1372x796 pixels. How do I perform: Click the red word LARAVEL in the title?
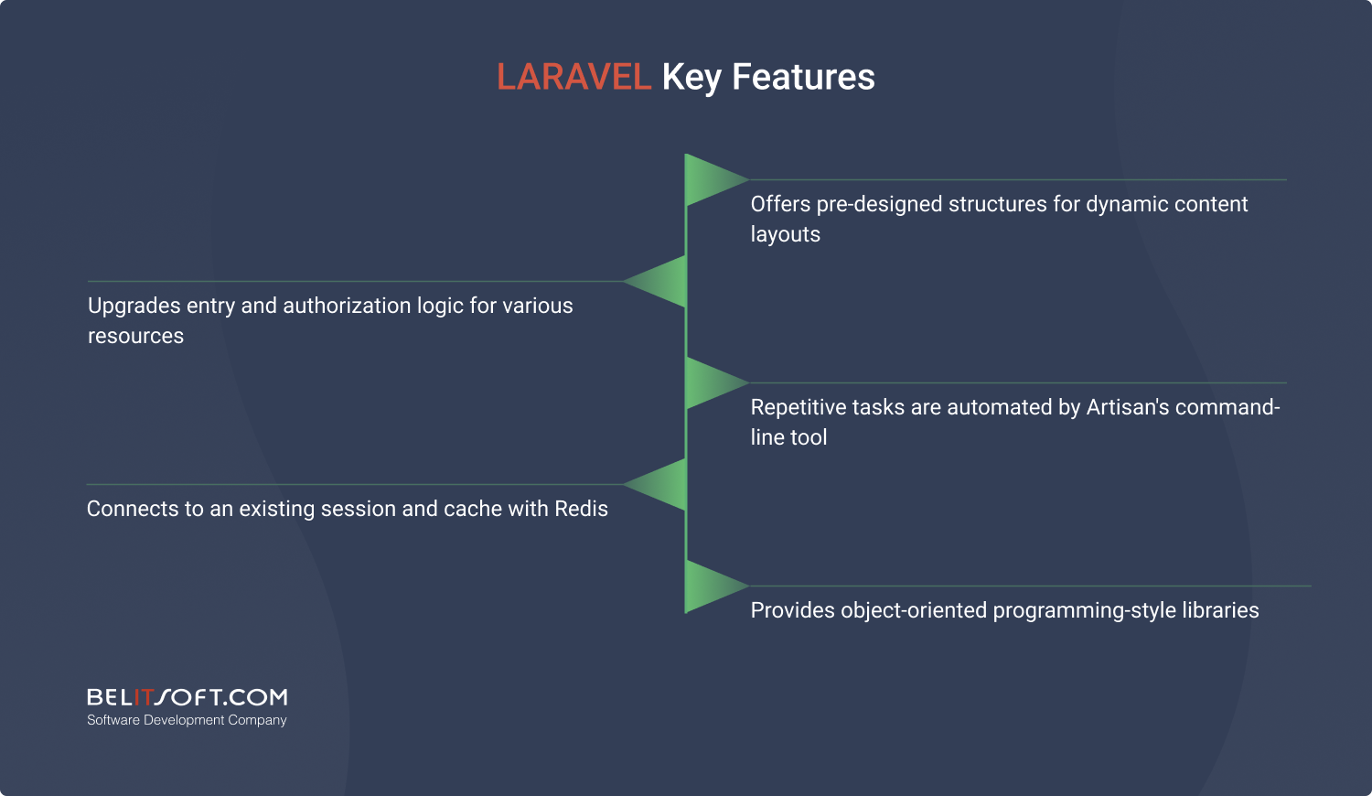point(573,77)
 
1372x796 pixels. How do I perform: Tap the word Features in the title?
point(803,77)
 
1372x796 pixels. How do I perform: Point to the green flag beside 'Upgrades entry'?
point(655,281)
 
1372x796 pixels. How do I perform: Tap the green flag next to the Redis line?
point(655,485)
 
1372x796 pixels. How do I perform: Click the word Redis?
point(581,509)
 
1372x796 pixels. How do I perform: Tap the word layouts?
point(785,235)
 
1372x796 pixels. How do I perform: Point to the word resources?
point(135,337)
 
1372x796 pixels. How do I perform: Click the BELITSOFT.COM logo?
point(187,697)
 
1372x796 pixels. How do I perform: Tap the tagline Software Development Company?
point(187,720)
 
